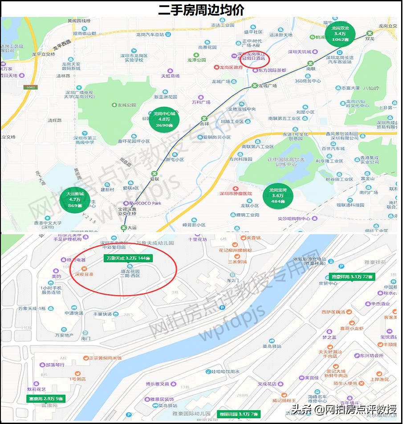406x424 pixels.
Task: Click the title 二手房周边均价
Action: (x=201, y=9)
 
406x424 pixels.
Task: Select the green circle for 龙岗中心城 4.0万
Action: (x=164, y=120)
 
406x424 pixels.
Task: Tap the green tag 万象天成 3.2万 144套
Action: (x=128, y=258)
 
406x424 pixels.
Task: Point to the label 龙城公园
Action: (x=126, y=105)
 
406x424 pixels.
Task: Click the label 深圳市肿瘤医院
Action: (x=235, y=194)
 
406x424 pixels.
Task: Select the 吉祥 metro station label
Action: (x=204, y=124)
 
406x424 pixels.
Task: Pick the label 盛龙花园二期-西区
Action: (x=130, y=273)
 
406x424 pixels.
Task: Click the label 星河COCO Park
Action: (x=145, y=203)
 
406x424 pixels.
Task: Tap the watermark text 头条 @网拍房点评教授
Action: (x=343, y=409)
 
